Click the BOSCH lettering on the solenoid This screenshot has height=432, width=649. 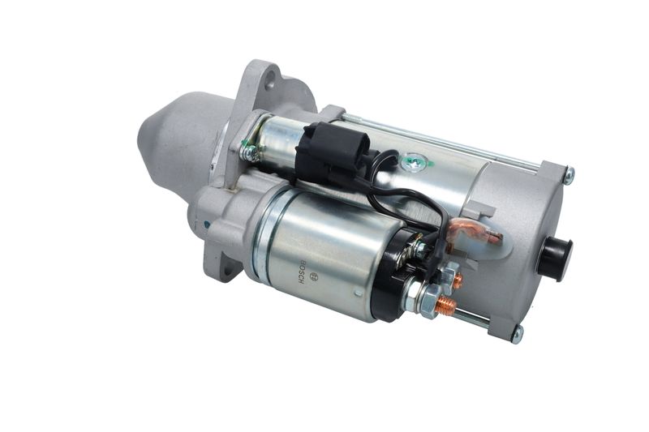point(300,272)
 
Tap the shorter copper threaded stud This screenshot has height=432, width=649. point(457,281)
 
